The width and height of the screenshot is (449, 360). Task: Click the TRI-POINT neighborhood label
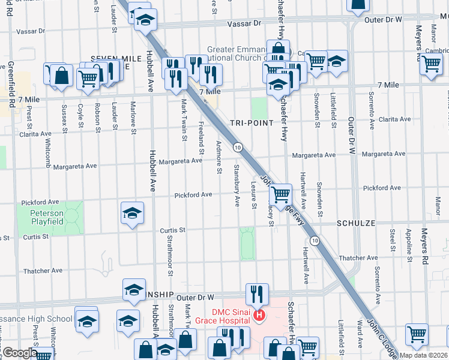[x=252, y=122]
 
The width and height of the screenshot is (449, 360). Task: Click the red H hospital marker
[x=259, y=315]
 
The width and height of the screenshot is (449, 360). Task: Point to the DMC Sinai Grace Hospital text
[x=222, y=316]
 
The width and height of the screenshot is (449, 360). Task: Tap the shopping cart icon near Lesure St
[x=280, y=194]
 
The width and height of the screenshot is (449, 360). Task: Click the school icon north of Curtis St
[x=132, y=213]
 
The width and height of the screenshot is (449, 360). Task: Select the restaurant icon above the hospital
[x=257, y=293]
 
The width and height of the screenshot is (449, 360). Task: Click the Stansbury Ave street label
[x=237, y=182]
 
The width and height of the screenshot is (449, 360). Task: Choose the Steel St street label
[x=392, y=239]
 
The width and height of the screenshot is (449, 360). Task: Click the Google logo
[x=19, y=353]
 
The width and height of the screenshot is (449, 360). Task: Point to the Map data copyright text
[x=423, y=355]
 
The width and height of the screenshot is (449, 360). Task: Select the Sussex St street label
[x=64, y=118]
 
